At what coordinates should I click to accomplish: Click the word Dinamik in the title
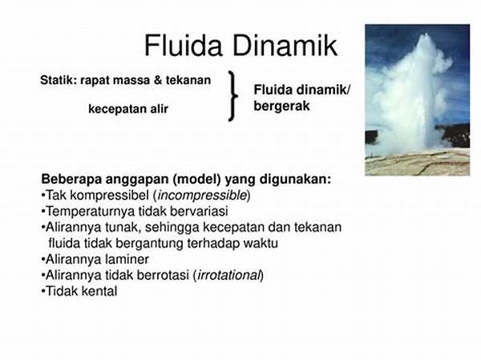click(285, 46)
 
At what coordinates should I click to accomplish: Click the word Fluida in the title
click(183, 46)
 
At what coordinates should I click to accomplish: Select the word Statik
click(59, 80)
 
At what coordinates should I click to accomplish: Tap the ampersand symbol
click(158, 80)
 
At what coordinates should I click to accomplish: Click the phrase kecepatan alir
click(128, 109)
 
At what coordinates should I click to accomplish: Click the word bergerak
click(281, 107)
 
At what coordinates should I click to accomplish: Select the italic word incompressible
click(202, 196)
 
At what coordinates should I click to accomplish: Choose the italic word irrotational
click(228, 275)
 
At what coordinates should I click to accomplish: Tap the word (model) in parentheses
click(196, 180)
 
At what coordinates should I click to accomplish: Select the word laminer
click(127, 259)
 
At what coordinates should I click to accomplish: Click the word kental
click(99, 291)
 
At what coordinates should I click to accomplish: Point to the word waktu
click(261, 244)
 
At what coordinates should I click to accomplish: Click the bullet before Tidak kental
click(43, 291)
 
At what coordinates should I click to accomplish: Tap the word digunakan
click(296, 180)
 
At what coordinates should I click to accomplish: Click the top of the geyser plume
click(426, 34)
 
